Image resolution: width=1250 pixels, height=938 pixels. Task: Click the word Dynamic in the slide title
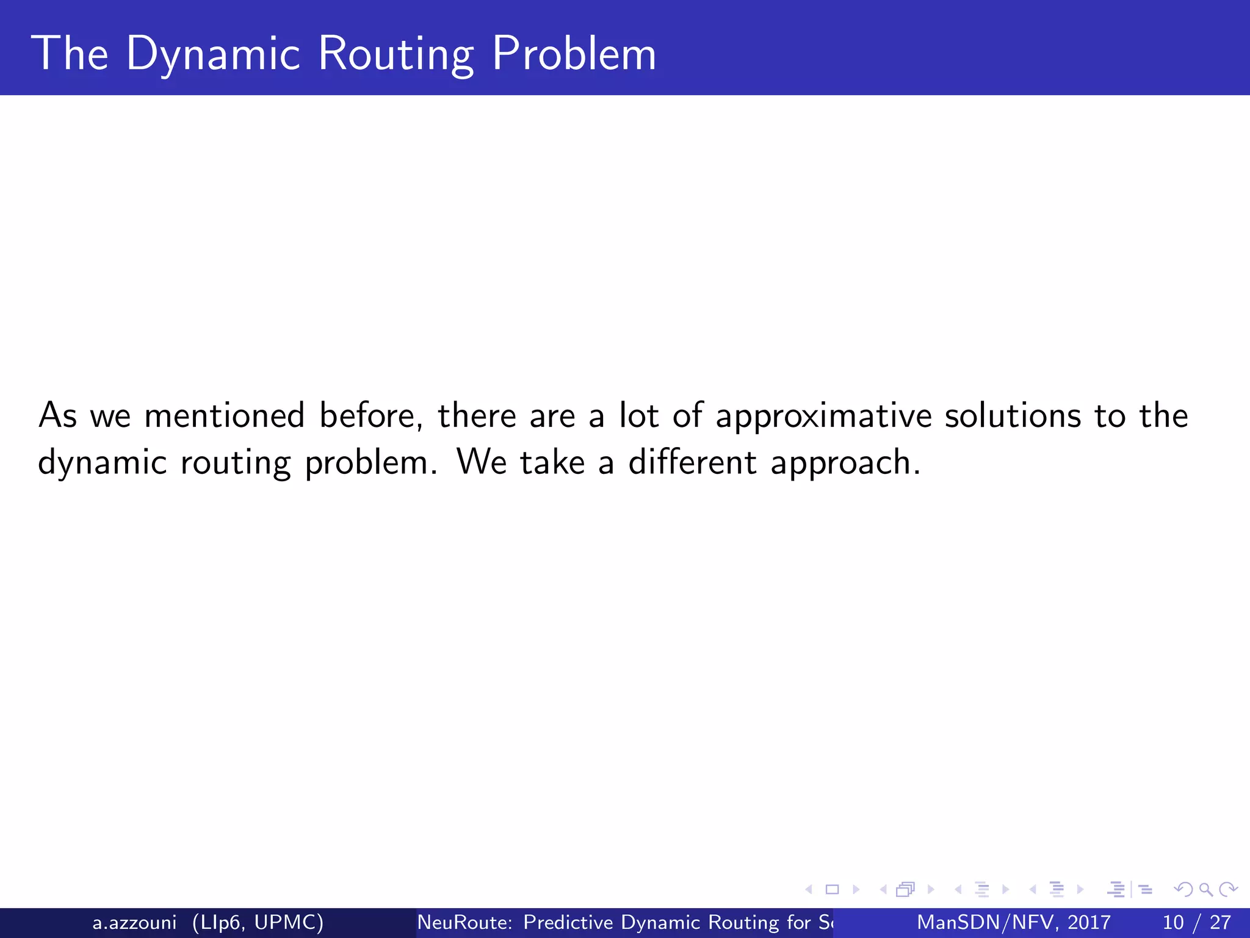pos(213,54)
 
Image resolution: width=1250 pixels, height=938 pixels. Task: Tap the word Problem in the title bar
pos(574,54)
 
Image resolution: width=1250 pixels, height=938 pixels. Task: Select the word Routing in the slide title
pos(396,54)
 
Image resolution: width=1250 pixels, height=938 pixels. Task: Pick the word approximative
pos(823,416)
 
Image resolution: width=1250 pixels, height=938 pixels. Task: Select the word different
pos(693,462)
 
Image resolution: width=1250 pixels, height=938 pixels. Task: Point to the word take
pos(552,462)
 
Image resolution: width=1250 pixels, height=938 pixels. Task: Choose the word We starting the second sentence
pos(482,462)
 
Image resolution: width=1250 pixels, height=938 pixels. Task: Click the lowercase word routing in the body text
pos(236,463)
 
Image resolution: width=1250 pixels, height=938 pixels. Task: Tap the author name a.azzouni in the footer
pos(134,922)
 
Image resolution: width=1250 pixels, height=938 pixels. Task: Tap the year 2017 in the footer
pos(1089,922)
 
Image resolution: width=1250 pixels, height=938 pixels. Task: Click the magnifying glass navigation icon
pos(1205,890)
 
